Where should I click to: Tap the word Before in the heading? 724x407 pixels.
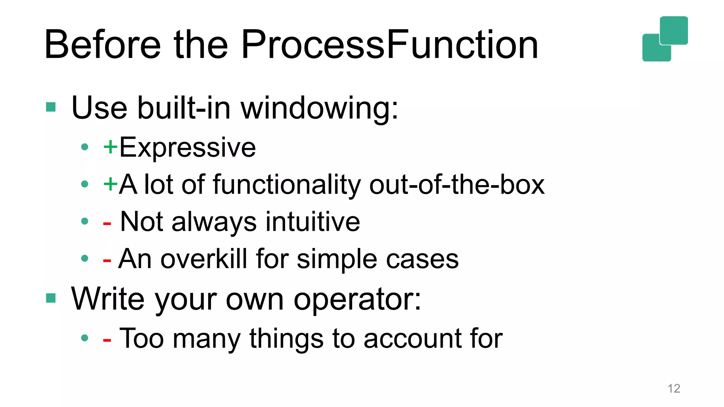coord(103,45)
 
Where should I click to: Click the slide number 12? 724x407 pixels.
coord(674,388)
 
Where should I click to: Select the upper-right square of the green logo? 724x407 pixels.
coord(674,30)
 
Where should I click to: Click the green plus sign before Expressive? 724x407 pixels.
coord(110,147)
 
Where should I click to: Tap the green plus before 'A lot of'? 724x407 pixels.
coord(110,184)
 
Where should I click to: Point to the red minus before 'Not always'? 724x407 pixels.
coord(107,224)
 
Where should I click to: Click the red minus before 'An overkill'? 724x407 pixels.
coord(107,261)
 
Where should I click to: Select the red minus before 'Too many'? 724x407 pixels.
coord(107,340)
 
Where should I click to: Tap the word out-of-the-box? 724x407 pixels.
coord(457,184)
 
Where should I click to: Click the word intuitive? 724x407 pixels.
coord(313,222)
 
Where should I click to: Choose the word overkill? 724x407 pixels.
coord(204,259)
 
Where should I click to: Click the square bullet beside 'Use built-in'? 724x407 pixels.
coord(51,107)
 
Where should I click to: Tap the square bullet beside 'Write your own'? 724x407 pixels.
coord(51,298)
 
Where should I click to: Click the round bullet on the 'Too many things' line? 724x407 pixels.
coord(84,338)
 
